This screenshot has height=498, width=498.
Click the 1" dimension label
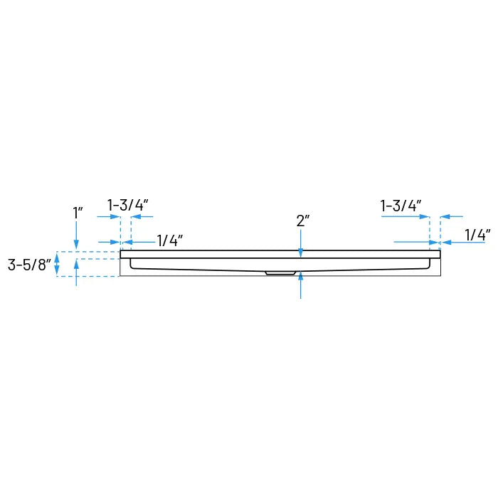78,212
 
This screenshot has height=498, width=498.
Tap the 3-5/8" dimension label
30,265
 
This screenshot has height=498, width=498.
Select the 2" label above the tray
303,221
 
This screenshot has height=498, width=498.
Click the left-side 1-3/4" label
127,205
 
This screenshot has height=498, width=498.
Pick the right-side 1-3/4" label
401,206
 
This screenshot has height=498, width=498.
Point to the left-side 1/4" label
170,241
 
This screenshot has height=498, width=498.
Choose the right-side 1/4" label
478,234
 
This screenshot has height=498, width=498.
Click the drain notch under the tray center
280,272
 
